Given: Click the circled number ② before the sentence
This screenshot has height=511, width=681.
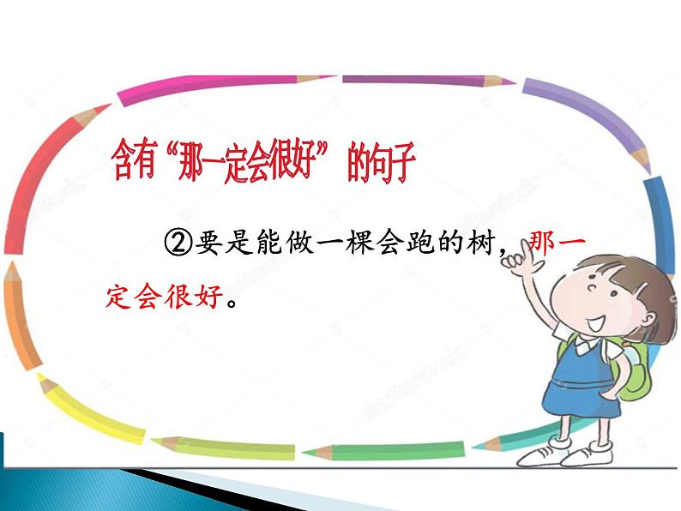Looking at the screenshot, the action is click(178, 243).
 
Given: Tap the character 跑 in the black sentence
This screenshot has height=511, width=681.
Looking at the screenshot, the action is click(420, 242).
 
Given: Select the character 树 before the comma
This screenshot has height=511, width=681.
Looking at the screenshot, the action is click(481, 242).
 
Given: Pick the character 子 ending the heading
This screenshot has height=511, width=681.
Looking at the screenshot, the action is click(402, 162).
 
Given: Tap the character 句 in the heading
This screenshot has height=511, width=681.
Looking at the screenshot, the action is click(377, 162).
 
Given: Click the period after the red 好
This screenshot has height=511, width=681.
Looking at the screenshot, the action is click(232, 302).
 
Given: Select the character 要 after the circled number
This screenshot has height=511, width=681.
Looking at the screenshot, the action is click(208, 242).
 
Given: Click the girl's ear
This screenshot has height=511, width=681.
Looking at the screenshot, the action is click(648, 319).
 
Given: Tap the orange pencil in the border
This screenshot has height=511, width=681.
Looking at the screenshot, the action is click(21, 317).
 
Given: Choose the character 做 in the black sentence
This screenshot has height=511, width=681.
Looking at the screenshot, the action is click(299, 242).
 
